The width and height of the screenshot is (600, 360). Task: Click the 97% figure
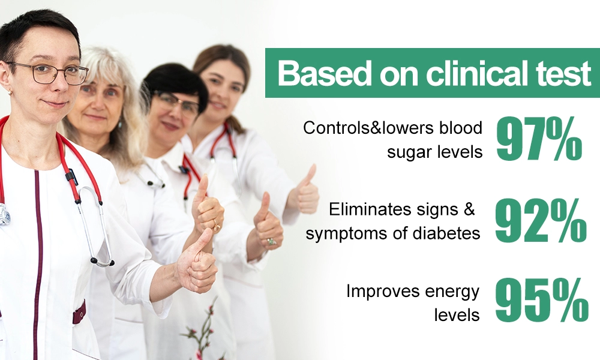(539, 139)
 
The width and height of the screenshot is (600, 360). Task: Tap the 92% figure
(541, 221)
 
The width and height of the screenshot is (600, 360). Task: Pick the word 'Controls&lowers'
(368, 128)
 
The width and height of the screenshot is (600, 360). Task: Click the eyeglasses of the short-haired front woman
(48, 73)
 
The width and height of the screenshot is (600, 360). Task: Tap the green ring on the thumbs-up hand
(271, 241)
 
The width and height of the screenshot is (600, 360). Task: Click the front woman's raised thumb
(204, 240)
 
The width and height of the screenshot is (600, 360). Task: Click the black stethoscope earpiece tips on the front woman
(103, 262)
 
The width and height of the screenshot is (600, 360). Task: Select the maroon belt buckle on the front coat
(79, 311)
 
